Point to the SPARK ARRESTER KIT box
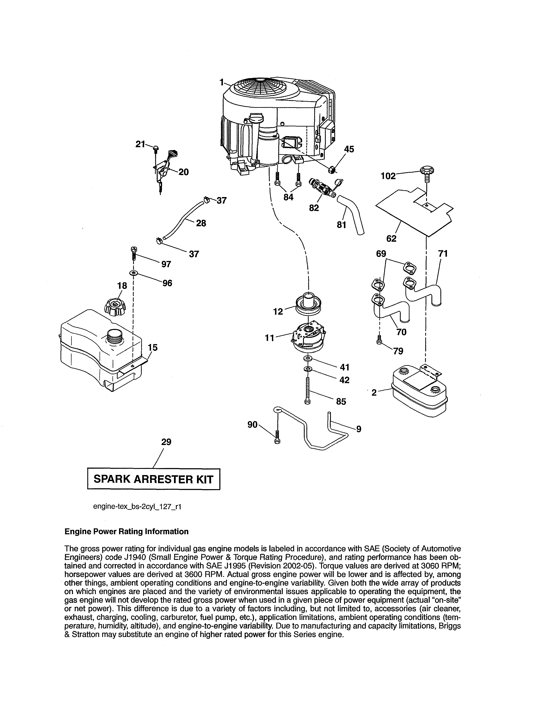(154, 479)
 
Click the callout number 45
(349, 149)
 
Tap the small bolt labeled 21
(156, 148)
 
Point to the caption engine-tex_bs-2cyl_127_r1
(137, 506)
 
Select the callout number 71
(443, 254)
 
